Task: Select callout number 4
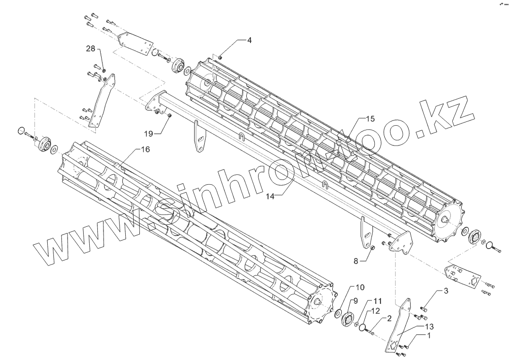pos(249,40)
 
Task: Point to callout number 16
pos(145,149)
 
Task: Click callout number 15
pos(370,119)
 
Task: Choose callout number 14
pos(270,196)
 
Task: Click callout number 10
pos(360,287)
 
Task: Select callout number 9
pos(355,300)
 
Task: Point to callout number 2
pos(389,318)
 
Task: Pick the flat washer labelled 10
pos(339,313)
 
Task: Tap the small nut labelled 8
pos(371,248)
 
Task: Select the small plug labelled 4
pos(220,57)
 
